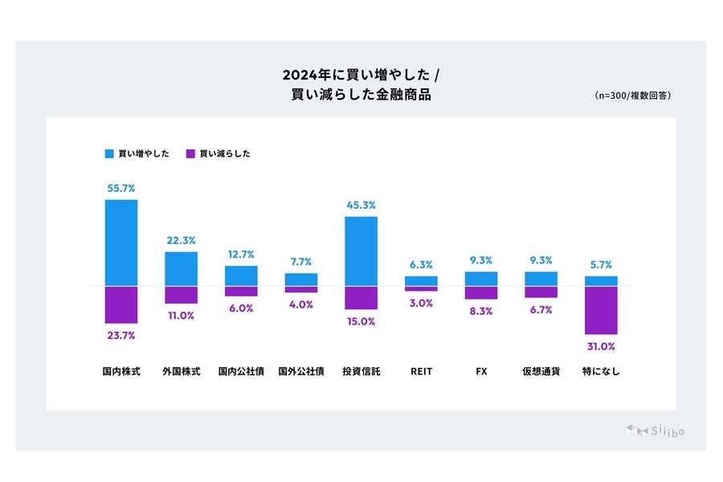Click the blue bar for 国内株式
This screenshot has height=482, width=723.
(121, 243)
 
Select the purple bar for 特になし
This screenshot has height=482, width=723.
(601, 310)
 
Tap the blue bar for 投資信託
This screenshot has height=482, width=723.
(361, 251)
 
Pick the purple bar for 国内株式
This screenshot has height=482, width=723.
(121, 304)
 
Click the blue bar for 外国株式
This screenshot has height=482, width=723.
(181, 269)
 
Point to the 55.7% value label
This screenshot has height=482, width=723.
(121, 188)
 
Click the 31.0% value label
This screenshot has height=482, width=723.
(601, 346)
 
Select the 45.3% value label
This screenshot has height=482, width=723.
(361, 205)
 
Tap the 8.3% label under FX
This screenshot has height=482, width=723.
(481, 311)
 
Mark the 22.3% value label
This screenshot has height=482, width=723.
(181, 240)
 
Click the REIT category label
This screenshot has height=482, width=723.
(421, 372)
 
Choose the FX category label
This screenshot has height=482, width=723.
(481, 372)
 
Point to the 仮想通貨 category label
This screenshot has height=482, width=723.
(541, 372)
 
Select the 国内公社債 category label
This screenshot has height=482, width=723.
(241, 372)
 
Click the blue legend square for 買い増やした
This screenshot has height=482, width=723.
(109, 153)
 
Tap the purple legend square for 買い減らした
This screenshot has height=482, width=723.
(190, 153)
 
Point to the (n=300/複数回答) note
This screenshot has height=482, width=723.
(633, 96)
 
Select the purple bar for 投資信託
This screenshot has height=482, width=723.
(361, 297)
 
